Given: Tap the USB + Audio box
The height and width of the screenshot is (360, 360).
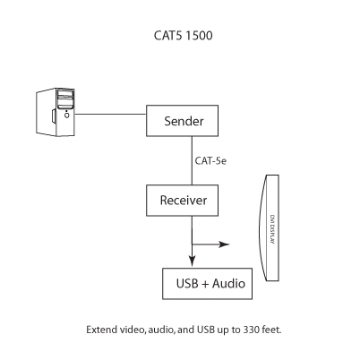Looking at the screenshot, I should (x=205, y=284).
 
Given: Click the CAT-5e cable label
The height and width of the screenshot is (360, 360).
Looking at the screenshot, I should (x=211, y=161).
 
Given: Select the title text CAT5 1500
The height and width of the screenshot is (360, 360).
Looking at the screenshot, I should (x=184, y=39).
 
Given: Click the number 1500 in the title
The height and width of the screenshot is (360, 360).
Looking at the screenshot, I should (x=201, y=39).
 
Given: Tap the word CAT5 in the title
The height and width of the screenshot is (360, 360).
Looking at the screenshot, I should (x=166, y=39).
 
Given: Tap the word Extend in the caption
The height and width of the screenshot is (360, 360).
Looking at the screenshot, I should (x=101, y=330).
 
